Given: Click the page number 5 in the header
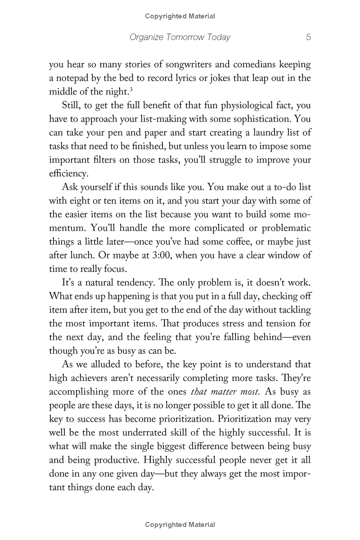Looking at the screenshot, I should [x=308, y=37].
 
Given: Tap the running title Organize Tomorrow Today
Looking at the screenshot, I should [x=180, y=37].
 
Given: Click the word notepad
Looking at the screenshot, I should [x=74, y=78].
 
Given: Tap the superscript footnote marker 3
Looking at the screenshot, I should [x=130, y=90].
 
